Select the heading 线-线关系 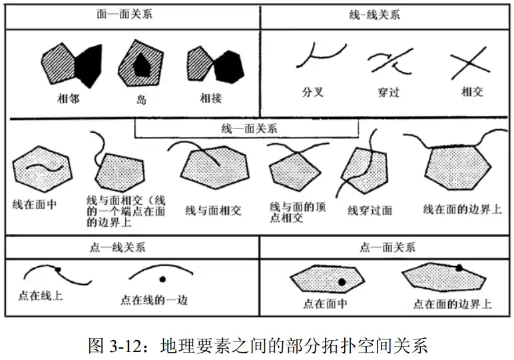pyautogui.click(x=374, y=14)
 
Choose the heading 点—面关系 pyautogui.click(x=387, y=247)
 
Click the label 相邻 pyautogui.click(x=69, y=98)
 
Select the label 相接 pyautogui.click(x=211, y=98)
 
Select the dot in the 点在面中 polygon pyautogui.click(x=342, y=282)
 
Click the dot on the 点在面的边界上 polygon pyautogui.click(x=459, y=268)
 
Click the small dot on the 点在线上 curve pyautogui.click(x=59, y=269)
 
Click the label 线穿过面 pyautogui.click(x=370, y=211)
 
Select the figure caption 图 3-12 pyautogui.click(x=257, y=345)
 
